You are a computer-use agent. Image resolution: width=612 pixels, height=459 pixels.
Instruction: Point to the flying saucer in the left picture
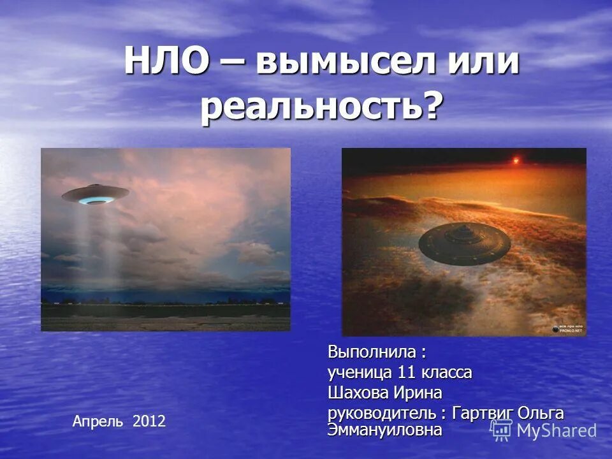(96, 194)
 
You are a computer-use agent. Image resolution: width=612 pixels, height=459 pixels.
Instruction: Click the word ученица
(360, 372)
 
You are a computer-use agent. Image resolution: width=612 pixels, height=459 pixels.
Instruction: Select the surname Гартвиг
(481, 412)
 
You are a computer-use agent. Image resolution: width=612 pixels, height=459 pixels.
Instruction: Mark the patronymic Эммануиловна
(384, 430)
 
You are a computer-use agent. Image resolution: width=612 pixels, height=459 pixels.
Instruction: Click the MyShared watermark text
(557, 430)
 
